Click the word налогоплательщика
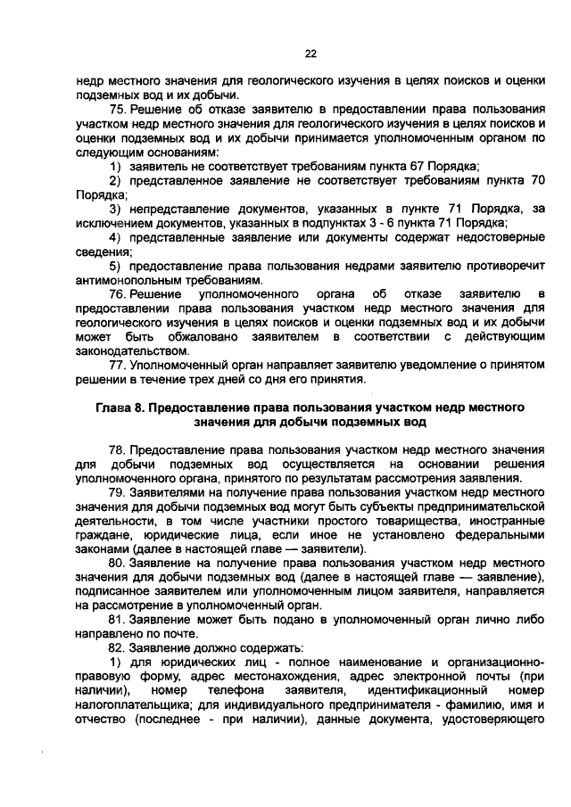130,703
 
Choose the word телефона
236,688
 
